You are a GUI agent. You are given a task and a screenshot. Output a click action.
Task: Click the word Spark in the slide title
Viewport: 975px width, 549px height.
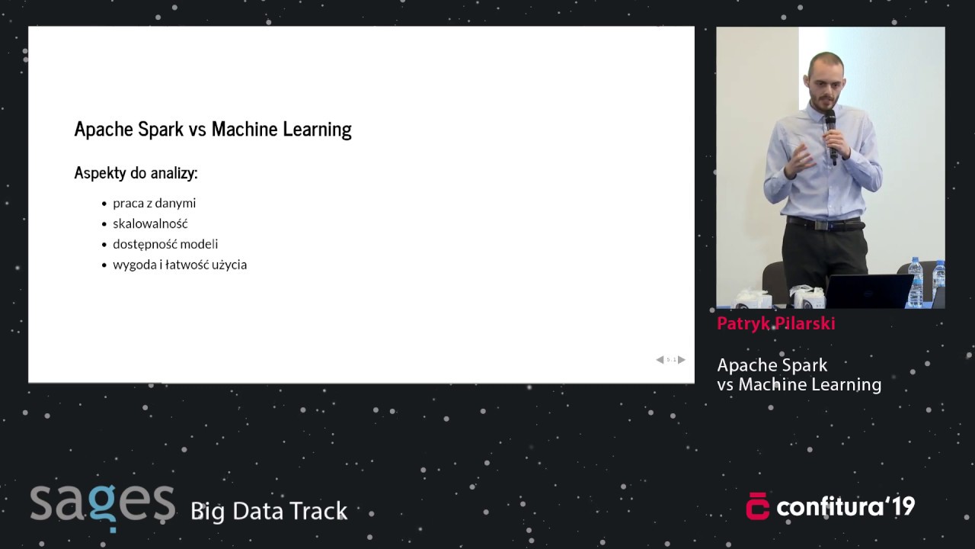(x=161, y=130)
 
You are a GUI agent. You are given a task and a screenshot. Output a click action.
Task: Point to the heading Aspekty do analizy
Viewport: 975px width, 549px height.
(x=136, y=173)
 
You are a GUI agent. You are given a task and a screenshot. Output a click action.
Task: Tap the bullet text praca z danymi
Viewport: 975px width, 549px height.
(x=154, y=204)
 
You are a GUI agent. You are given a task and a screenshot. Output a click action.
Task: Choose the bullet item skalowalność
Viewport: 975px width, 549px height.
(x=150, y=224)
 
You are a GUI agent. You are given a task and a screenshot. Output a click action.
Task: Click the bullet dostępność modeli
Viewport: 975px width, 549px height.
(x=165, y=244)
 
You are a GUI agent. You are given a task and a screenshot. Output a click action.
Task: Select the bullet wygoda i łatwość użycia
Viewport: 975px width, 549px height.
(x=180, y=265)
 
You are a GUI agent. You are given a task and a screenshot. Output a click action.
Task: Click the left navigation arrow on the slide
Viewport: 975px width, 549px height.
(x=660, y=360)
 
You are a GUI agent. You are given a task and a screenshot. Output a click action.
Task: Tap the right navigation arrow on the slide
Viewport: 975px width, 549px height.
(x=682, y=360)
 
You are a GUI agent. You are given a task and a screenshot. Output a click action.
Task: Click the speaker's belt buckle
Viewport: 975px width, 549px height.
(x=821, y=224)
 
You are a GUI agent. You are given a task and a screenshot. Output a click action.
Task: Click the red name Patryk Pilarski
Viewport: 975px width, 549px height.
(x=775, y=323)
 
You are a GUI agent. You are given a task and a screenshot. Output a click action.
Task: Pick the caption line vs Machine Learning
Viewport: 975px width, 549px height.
(x=799, y=385)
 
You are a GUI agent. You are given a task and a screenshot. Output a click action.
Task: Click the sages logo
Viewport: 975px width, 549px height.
(x=102, y=505)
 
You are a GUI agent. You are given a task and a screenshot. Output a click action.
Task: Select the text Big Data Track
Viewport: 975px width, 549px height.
(x=269, y=511)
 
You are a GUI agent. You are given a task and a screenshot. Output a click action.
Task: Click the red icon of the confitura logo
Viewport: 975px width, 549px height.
(x=757, y=506)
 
